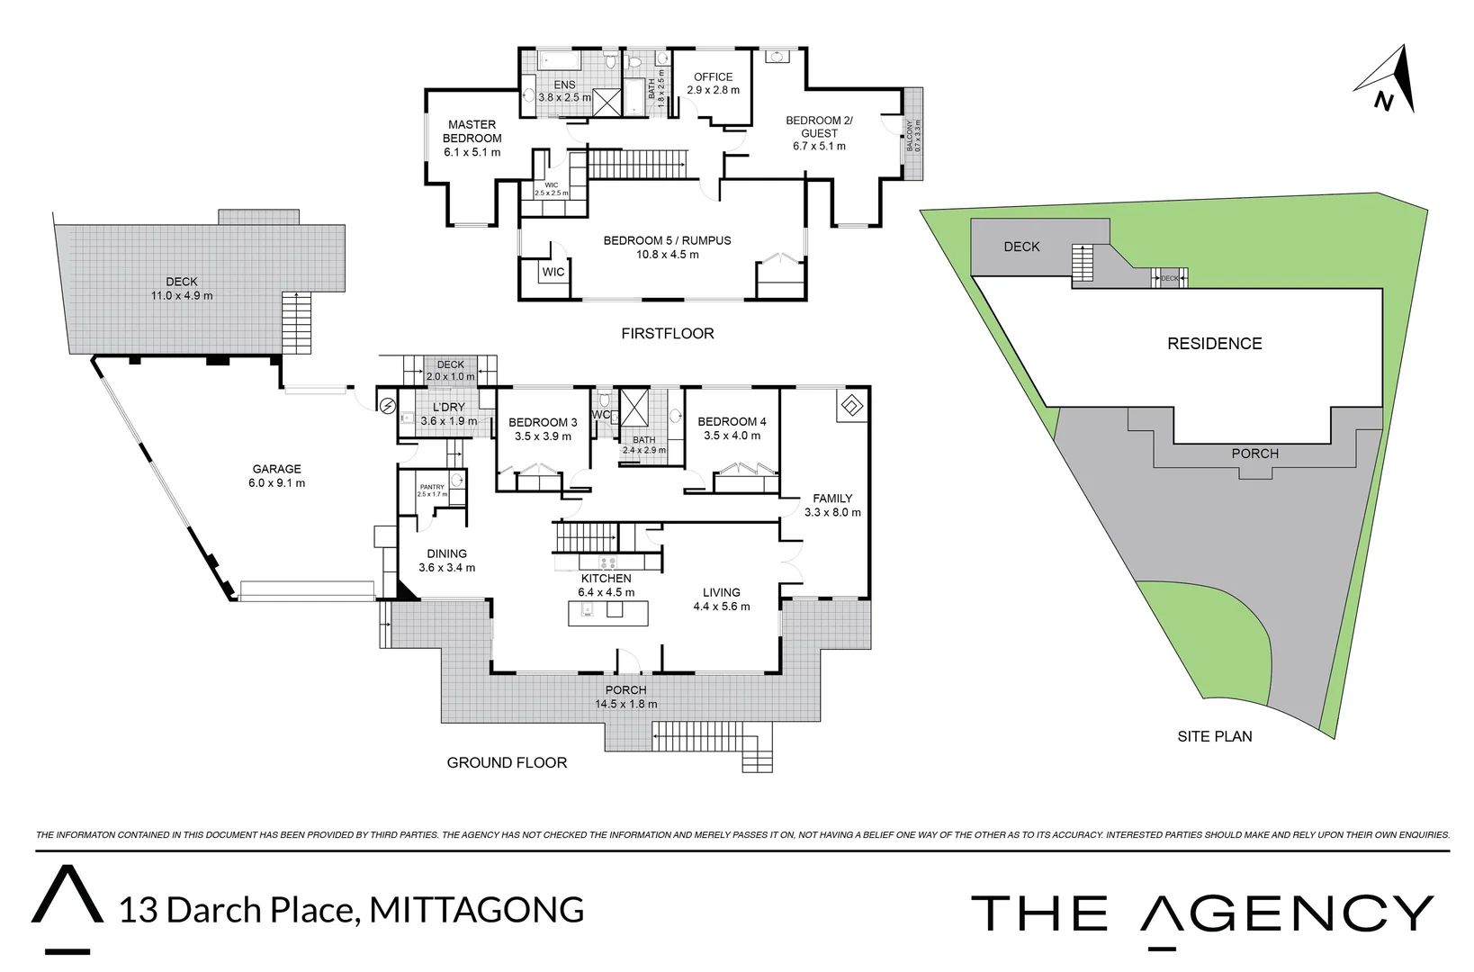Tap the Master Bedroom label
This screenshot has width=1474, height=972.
(x=472, y=131)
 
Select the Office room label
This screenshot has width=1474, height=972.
(x=713, y=77)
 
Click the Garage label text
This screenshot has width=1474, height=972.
(x=276, y=469)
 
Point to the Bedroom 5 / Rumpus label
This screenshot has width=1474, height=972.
(x=667, y=241)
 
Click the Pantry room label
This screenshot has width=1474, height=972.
(x=432, y=487)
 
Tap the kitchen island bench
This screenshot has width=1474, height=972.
(x=607, y=613)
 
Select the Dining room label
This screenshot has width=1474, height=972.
(x=446, y=554)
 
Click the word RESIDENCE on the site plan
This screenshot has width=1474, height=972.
(x=1214, y=344)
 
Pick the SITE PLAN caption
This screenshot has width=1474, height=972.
(x=1214, y=736)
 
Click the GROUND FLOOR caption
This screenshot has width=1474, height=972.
(x=507, y=763)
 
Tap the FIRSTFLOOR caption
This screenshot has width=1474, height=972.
(x=667, y=334)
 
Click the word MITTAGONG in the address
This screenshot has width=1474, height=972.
(x=477, y=910)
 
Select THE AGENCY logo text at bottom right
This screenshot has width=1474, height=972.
(x=1201, y=913)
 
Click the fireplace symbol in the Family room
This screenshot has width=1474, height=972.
(x=850, y=406)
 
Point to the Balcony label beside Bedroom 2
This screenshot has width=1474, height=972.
(x=913, y=136)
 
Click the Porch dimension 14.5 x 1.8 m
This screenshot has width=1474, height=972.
(x=625, y=705)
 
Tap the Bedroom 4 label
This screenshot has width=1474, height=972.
(x=732, y=422)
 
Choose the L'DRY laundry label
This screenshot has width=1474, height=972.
(x=448, y=408)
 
